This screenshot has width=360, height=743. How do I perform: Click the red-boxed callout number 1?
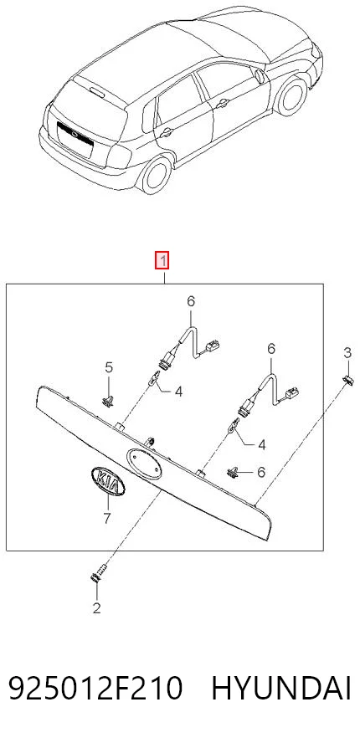click(x=163, y=260)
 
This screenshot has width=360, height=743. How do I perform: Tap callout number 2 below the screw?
click(x=97, y=608)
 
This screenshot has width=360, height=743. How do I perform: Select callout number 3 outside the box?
click(x=347, y=352)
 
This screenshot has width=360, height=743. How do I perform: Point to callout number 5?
click(x=109, y=366)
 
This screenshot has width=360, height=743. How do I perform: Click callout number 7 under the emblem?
click(x=106, y=518)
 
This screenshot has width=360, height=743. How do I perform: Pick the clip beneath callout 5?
click(x=108, y=401)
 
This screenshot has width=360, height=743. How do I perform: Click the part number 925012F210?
click(x=95, y=689)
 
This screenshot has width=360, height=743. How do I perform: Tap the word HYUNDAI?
click(x=281, y=689)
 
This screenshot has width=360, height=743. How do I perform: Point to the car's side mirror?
click(x=260, y=76)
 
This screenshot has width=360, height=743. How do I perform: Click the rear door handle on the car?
click(x=166, y=132)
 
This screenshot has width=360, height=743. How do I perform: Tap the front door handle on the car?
click(x=224, y=101)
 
